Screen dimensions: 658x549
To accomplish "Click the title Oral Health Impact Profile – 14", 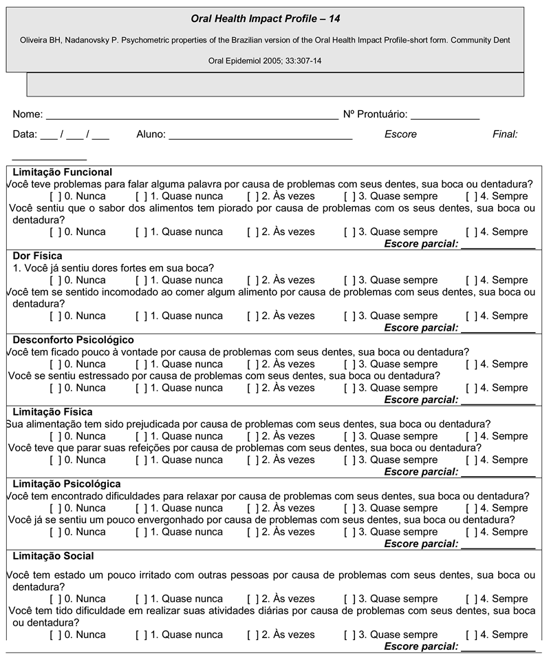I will pos(265,17).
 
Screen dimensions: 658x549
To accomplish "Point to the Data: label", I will pos(25,134).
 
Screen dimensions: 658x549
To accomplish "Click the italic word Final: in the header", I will pos(505,134).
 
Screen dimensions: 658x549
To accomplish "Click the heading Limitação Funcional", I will pos(63,172).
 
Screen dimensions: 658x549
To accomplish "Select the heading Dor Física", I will pos(37,256).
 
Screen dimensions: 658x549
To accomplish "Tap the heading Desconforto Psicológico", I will pos(73,340).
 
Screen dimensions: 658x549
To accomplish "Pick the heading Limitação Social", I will pos(54,556).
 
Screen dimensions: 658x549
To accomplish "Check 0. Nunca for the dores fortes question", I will pos(54,280).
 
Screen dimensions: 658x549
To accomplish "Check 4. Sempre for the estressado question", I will pos(470,388).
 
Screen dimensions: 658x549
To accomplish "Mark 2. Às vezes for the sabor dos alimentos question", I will pos(252,232).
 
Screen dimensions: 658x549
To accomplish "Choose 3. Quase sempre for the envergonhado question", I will pos(349,532).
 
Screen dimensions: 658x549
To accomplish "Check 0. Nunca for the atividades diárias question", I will pos(54,635).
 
